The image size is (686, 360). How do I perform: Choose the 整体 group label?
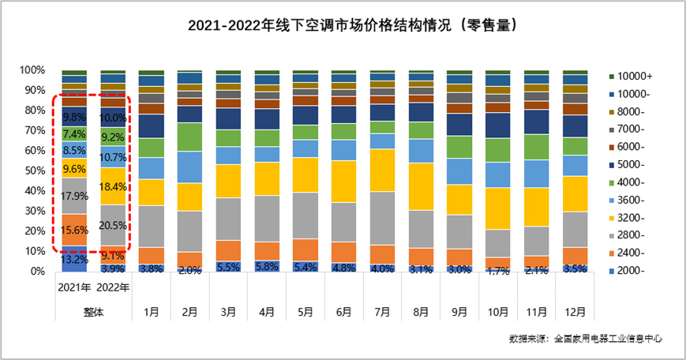click(x=94, y=311)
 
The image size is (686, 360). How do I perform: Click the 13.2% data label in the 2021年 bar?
click(x=74, y=259)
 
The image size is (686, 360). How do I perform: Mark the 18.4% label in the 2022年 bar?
click(x=113, y=186)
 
